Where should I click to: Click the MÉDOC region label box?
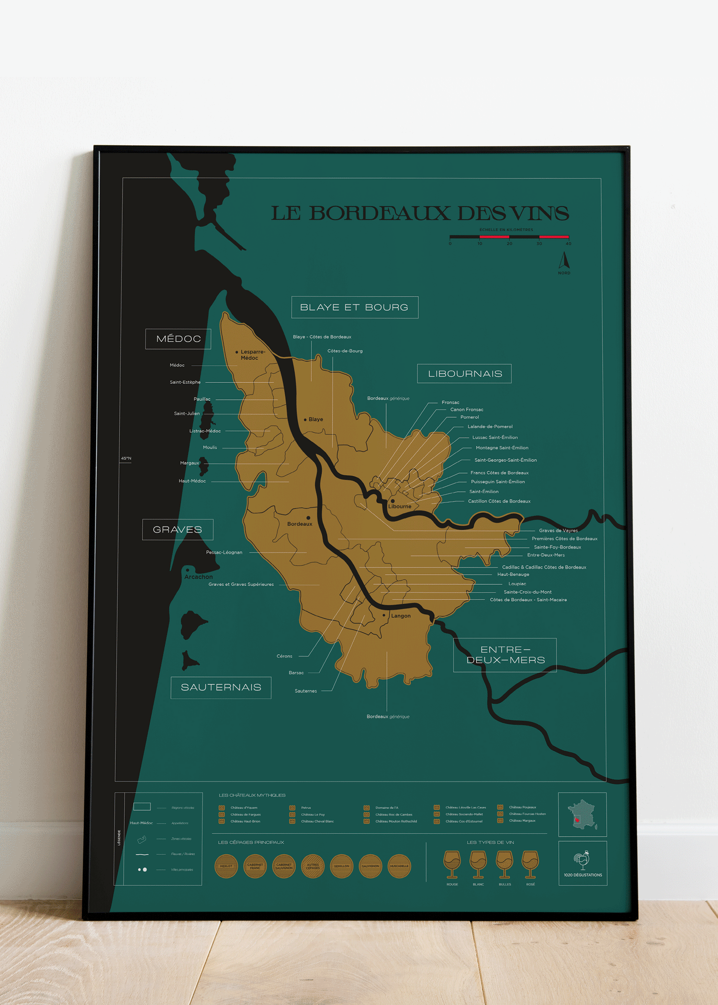tap(178, 339)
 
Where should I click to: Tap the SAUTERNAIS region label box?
tap(221, 687)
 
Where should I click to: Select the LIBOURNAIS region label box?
tap(464, 374)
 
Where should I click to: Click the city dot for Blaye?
tap(305, 420)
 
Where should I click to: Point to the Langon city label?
tap(401, 616)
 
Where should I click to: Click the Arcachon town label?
tap(198, 577)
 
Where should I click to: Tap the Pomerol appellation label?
tap(469, 417)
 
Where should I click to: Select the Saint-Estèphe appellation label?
tap(185, 382)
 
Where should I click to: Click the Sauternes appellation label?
tap(305, 691)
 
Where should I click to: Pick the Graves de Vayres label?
tap(558, 530)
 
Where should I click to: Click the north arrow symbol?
tap(564, 261)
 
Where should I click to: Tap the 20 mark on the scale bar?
tap(509, 244)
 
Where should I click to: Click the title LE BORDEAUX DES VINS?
tap(420, 213)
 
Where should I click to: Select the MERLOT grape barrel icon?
tap(226, 866)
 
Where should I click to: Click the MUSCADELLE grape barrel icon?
tap(399, 866)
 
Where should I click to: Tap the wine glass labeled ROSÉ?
tap(530, 864)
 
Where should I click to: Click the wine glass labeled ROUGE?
tap(452, 864)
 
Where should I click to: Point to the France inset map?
tap(582, 815)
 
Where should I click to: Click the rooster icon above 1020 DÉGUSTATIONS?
tap(582, 860)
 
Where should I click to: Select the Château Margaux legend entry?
tap(522, 821)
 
